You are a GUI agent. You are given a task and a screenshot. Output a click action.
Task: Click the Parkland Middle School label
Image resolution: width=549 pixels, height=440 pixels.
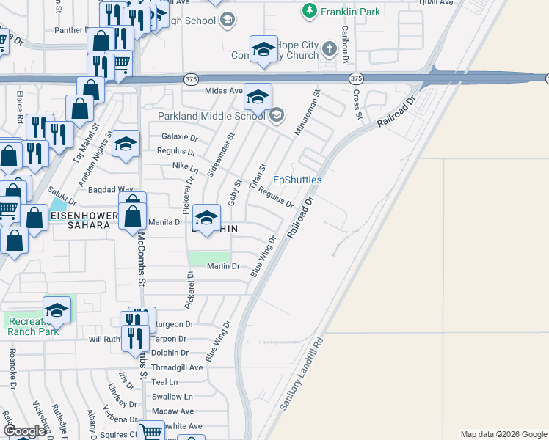tap(211, 116)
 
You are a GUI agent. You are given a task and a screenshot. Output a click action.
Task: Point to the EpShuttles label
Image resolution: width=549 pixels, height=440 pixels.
tap(297, 180)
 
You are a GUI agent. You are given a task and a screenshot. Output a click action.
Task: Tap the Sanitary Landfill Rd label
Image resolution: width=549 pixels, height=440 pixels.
tap(302, 375)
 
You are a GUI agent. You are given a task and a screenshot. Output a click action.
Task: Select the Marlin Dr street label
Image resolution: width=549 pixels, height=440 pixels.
tap(223, 266)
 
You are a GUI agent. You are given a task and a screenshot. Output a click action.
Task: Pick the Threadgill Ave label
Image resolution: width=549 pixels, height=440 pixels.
tap(175, 367)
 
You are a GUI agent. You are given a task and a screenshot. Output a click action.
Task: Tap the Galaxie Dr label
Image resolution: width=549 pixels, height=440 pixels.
tap(178, 137)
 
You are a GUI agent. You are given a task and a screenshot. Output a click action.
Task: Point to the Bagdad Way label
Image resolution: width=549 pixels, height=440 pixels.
tap(110, 189)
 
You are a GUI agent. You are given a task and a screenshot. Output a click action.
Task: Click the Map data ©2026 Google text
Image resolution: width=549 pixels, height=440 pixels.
tap(503, 434)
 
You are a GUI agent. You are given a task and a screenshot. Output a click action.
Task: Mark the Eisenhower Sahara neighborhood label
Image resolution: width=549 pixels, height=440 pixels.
tap(84, 220)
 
